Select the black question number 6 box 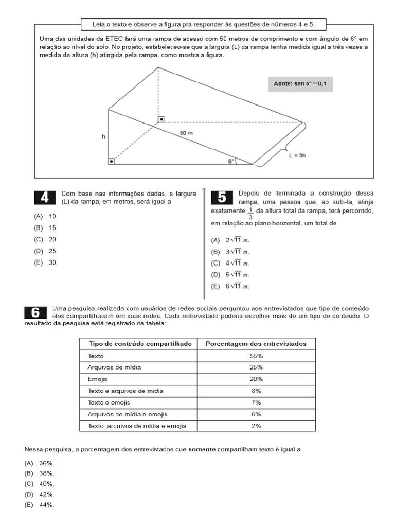pyautogui.click(x=35, y=312)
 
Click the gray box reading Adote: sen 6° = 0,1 pyautogui.click(x=300, y=84)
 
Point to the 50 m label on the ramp pyautogui.click(x=187, y=133)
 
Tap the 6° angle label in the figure pyautogui.click(x=231, y=161)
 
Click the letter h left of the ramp pyautogui.click(x=103, y=137)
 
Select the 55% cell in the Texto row pyautogui.click(x=256, y=356)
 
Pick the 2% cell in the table pyautogui.click(x=256, y=426)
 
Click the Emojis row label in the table pyautogui.click(x=98, y=379)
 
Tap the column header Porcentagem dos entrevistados pyautogui.click(x=256, y=343)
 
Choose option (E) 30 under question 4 pyautogui.click(x=46, y=262)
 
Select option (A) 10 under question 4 pyautogui.click(x=46, y=216)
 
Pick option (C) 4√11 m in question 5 pyautogui.click(x=230, y=263)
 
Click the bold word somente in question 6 pyautogui.click(x=202, y=449)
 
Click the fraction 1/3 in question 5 pyautogui.click(x=250, y=213)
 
